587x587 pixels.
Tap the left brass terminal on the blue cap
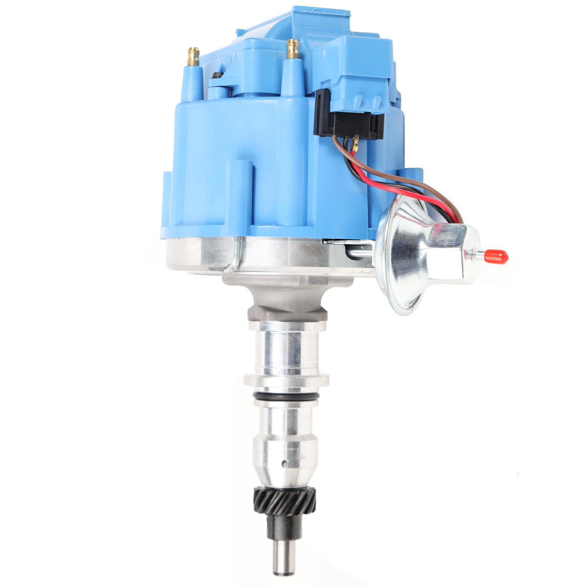pyautogui.click(x=194, y=55)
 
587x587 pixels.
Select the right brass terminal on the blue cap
pyautogui.click(x=293, y=48)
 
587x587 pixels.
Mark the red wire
pyautogui.click(x=391, y=182)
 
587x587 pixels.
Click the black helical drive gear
pyautogui.click(x=285, y=502)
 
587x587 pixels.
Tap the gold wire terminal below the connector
pyautogui.click(x=355, y=144)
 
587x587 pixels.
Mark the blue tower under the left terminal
pyautogui.click(x=192, y=83)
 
